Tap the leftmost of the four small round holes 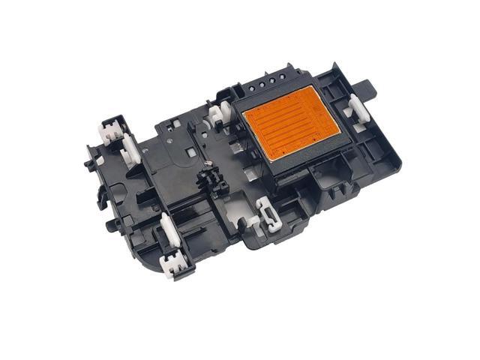click(x=261, y=85)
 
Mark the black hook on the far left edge click(x=97, y=178)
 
